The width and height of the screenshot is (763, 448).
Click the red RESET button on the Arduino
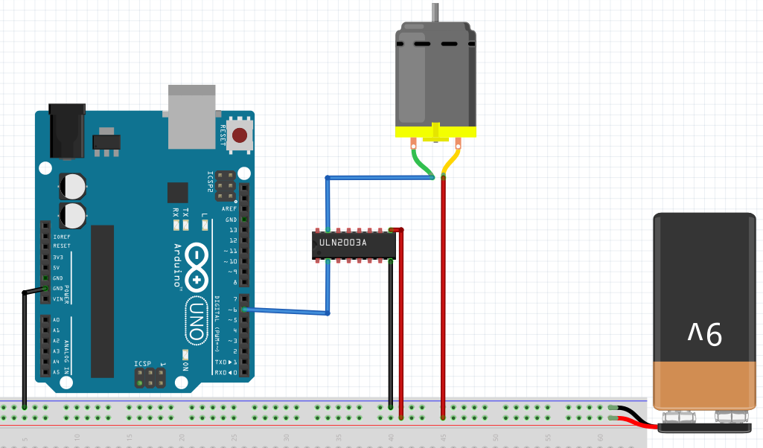pyautogui.click(x=240, y=135)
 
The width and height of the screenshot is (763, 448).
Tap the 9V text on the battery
pyautogui.click(x=704, y=333)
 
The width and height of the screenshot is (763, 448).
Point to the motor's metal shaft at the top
pyautogui.click(x=434, y=11)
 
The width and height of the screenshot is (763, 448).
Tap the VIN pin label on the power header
pyautogui.click(x=57, y=299)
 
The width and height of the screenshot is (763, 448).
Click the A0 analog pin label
pyautogui.click(x=57, y=320)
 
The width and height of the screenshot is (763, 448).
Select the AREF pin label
pyautogui.click(x=229, y=209)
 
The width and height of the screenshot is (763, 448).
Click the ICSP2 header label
pyautogui.click(x=210, y=183)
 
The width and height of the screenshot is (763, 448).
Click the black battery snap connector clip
pyautogui.click(x=704, y=426)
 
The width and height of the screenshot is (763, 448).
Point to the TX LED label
pyautogui.click(x=185, y=212)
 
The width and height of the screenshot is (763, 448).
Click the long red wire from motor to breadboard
pyautogui.click(x=443, y=298)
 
